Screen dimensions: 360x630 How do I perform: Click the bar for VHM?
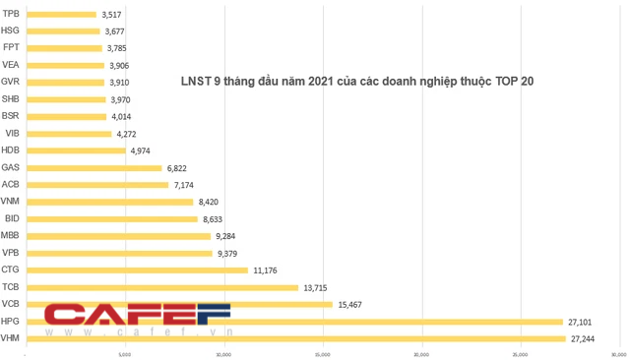(x=295, y=339)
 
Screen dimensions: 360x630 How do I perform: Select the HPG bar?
(x=294, y=322)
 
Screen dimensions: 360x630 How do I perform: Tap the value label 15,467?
(x=350, y=305)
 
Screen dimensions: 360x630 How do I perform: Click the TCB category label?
(x=11, y=287)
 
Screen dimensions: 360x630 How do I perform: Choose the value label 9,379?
(x=229, y=253)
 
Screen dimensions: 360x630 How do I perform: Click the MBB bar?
(x=117, y=236)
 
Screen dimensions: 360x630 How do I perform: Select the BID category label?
(x=11, y=218)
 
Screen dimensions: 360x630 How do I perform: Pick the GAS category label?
(x=11, y=167)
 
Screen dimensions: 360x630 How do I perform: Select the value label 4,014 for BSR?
(x=124, y=116)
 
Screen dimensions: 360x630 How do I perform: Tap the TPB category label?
(x=11, y=14)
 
